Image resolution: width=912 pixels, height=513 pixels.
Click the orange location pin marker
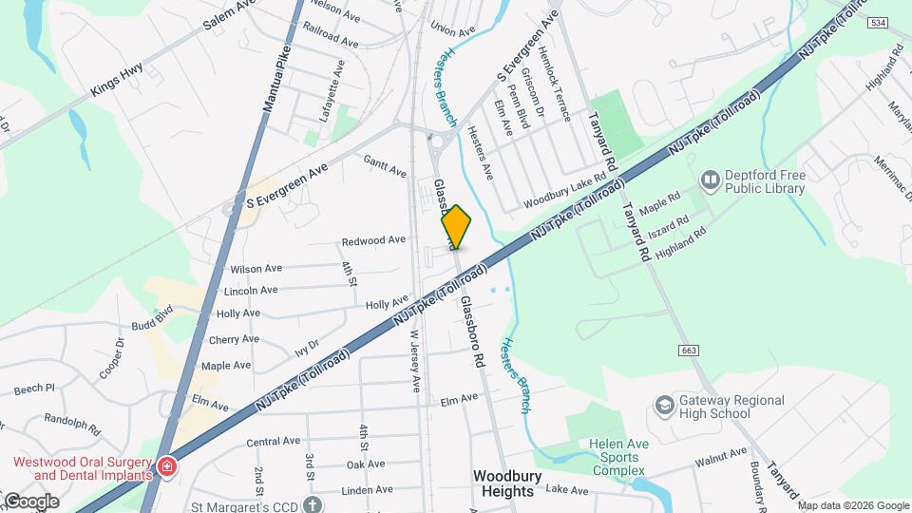click(x=456, y=227)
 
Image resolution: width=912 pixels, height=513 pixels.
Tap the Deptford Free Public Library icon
click(x=709, y=180)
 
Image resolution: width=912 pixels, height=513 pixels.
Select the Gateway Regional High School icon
click(x=663, y=407)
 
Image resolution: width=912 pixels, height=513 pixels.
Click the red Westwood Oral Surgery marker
click(x=167, y=467)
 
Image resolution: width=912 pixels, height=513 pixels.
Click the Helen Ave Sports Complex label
click(x=617, y=457)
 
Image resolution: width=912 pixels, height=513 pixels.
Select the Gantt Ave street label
click(x=385, y=166)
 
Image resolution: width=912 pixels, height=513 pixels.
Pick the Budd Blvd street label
click(x=153, y=316)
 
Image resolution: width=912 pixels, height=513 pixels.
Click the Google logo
click(x=30, y=502)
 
